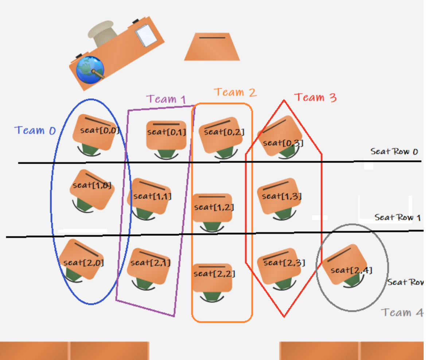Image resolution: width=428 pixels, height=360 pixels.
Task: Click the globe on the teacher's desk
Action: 90,69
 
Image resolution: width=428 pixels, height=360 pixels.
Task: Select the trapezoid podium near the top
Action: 212,47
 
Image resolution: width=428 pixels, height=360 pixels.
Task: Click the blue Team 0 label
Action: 35,130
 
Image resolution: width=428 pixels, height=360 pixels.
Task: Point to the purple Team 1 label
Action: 166,99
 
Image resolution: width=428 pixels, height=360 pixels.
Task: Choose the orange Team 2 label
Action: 235,92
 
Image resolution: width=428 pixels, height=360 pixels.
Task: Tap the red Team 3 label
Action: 315,97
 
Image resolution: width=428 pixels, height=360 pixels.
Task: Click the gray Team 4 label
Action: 402,312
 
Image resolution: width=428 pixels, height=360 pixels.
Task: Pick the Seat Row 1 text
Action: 397,217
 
